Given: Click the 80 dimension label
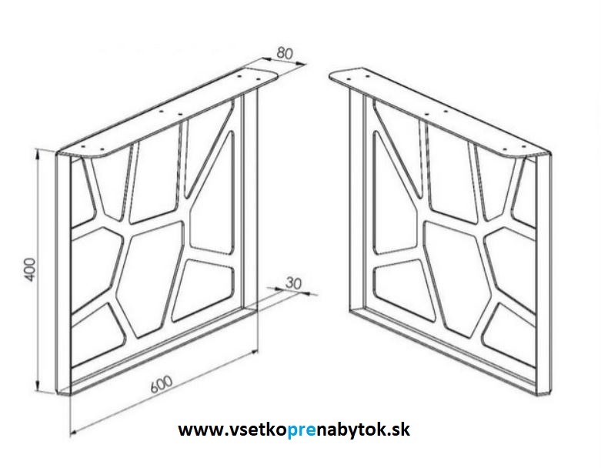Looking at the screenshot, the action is click(x=285, y=53).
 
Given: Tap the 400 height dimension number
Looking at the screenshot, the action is click(x=30, y=269).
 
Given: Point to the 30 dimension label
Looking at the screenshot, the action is click(x=294, y=282).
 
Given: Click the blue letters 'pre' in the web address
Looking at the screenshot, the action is click(x=301, y=430).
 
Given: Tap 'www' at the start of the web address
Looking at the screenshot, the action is click(x=200, y=430).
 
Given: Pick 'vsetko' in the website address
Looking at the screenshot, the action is click(x=256, y=430).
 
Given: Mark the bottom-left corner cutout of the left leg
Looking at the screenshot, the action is click(x=98, y=333).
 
